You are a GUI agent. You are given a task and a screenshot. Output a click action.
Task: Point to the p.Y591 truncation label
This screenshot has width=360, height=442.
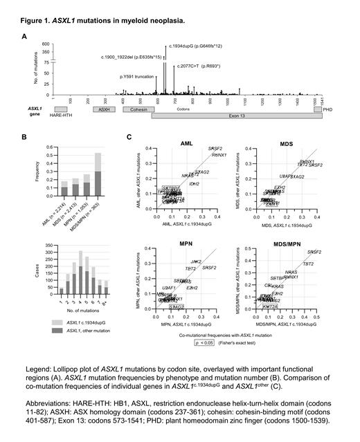point(138,77)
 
